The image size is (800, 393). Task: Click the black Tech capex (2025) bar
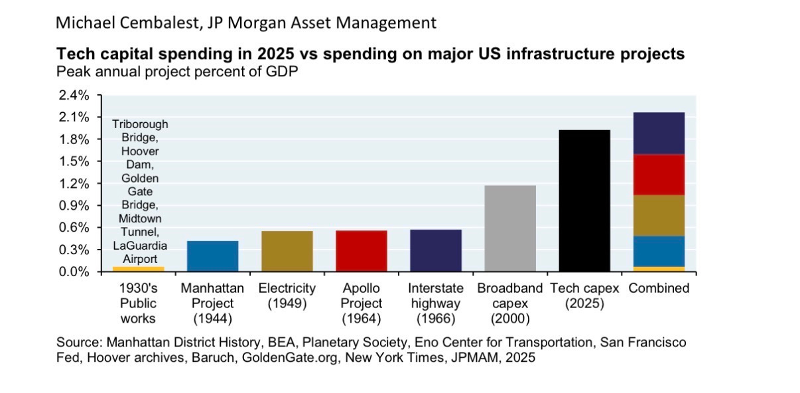pos(584,200)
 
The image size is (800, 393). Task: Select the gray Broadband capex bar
pos(510,228)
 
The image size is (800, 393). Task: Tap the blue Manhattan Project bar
pos(212,256)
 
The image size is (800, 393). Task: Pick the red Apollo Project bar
pos(361,251)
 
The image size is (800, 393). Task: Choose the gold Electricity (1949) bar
pos(287,251)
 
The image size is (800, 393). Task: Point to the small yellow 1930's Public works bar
pos(138,269)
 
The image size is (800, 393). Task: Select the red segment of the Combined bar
pos(659,175)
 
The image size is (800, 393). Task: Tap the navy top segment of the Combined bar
pos(659,133)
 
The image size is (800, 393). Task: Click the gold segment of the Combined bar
pos(659,215)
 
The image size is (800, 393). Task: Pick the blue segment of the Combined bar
pos(659,251)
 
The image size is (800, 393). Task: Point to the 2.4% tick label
pos(74,95)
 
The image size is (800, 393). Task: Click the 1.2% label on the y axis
pos(74,183)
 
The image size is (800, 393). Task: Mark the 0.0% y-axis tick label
pos(74,272)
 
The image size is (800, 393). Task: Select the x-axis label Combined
pos(659,288)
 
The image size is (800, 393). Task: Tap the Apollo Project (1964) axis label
pos(362,303)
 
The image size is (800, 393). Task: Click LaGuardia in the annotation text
pos(139,246)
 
